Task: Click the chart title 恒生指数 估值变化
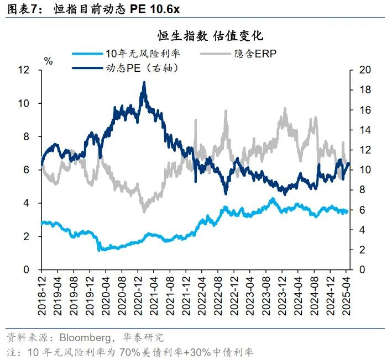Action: (211, 36)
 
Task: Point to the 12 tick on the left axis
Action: (23, 70)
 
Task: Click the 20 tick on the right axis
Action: (364, 70)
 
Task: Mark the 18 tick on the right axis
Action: (364, 90)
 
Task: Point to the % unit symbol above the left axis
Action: (48, 61)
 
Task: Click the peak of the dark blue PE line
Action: (144, 82)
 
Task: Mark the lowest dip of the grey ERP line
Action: (144, 211)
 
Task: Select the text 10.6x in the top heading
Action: (164, 9)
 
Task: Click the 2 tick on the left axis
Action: (26, 236)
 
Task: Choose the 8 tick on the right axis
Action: (361, 190)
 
